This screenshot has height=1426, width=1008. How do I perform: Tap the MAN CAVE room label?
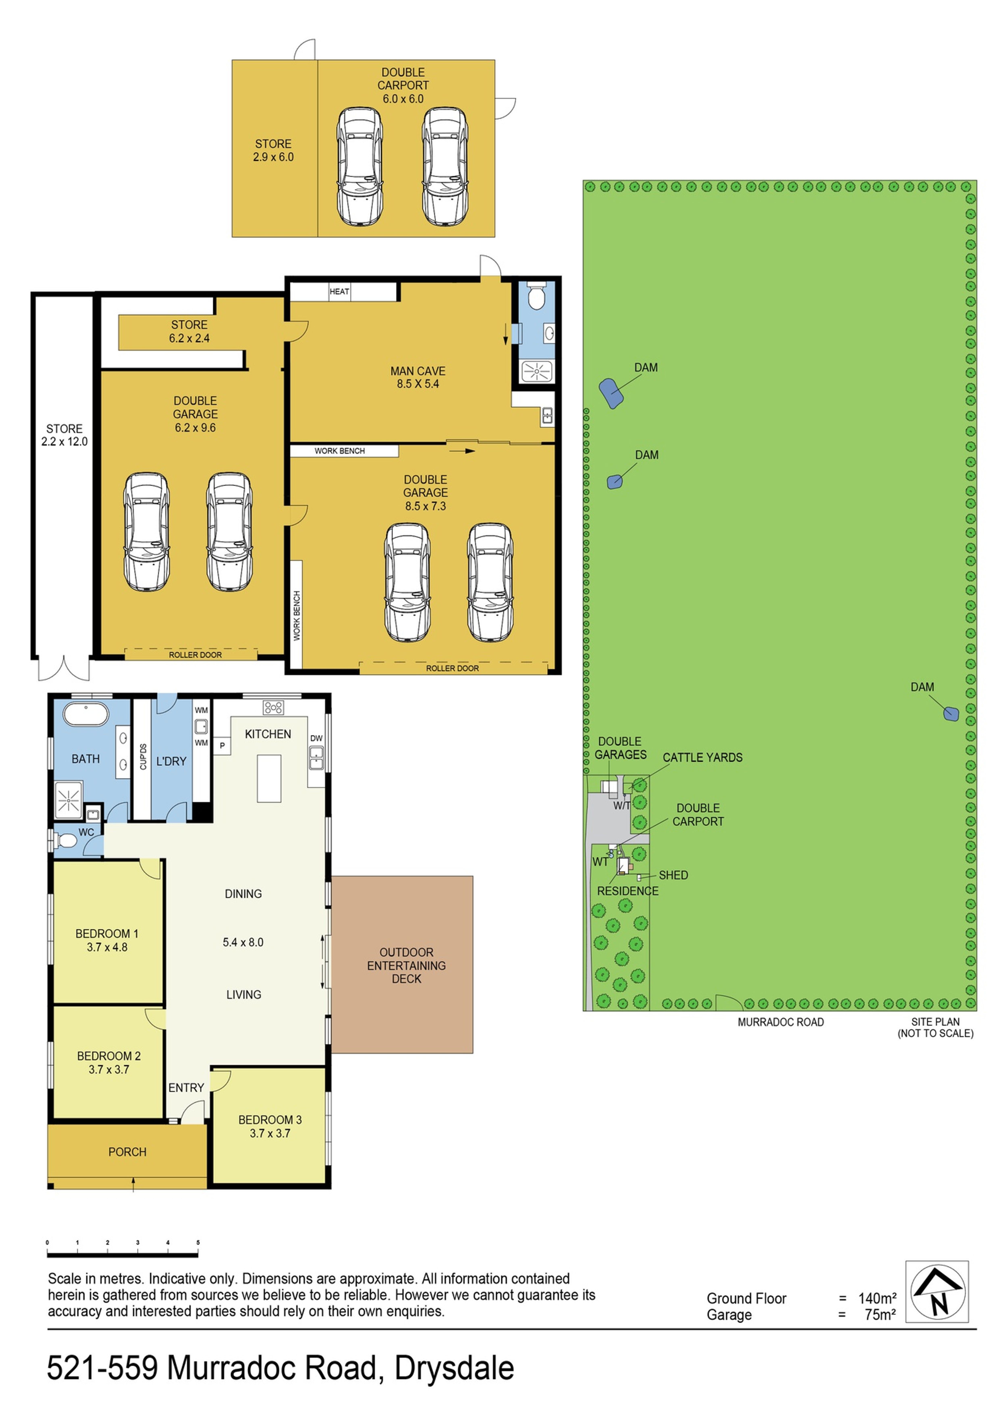tap(418, 371)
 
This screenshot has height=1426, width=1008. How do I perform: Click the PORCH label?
tap(127, 1152)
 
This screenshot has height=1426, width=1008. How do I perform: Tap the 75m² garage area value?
tap(880, 1315)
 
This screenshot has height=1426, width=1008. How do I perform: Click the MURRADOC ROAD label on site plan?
tap(781, 1022)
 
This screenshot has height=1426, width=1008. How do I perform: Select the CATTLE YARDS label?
tap(703, 758)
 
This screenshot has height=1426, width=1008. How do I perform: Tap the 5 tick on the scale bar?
tap(198, 1243)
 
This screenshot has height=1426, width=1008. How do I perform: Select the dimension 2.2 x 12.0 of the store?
tap(65, 442)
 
